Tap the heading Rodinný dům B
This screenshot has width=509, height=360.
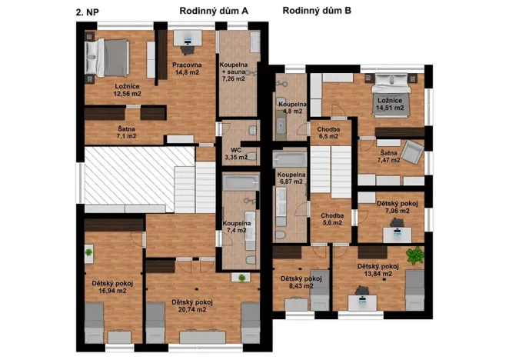click(x=317, y=11)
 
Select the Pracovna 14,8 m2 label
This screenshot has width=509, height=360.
click(x=187, y=69)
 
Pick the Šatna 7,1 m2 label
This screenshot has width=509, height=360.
click(x=127, y=132)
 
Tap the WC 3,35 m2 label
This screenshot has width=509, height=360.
click(x=235, y=152)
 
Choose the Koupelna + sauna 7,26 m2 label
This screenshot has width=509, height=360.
click(x=234, y=70)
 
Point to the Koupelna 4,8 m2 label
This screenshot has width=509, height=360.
click(x=293, y=106)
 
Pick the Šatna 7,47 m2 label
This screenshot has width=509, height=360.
click(x=388, y=156)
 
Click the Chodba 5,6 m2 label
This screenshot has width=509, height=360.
click(x=332, y=220)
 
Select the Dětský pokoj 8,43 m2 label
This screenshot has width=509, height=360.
click(x=301, y=282)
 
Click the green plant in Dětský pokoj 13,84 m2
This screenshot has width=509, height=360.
click(x=415, y=255)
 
